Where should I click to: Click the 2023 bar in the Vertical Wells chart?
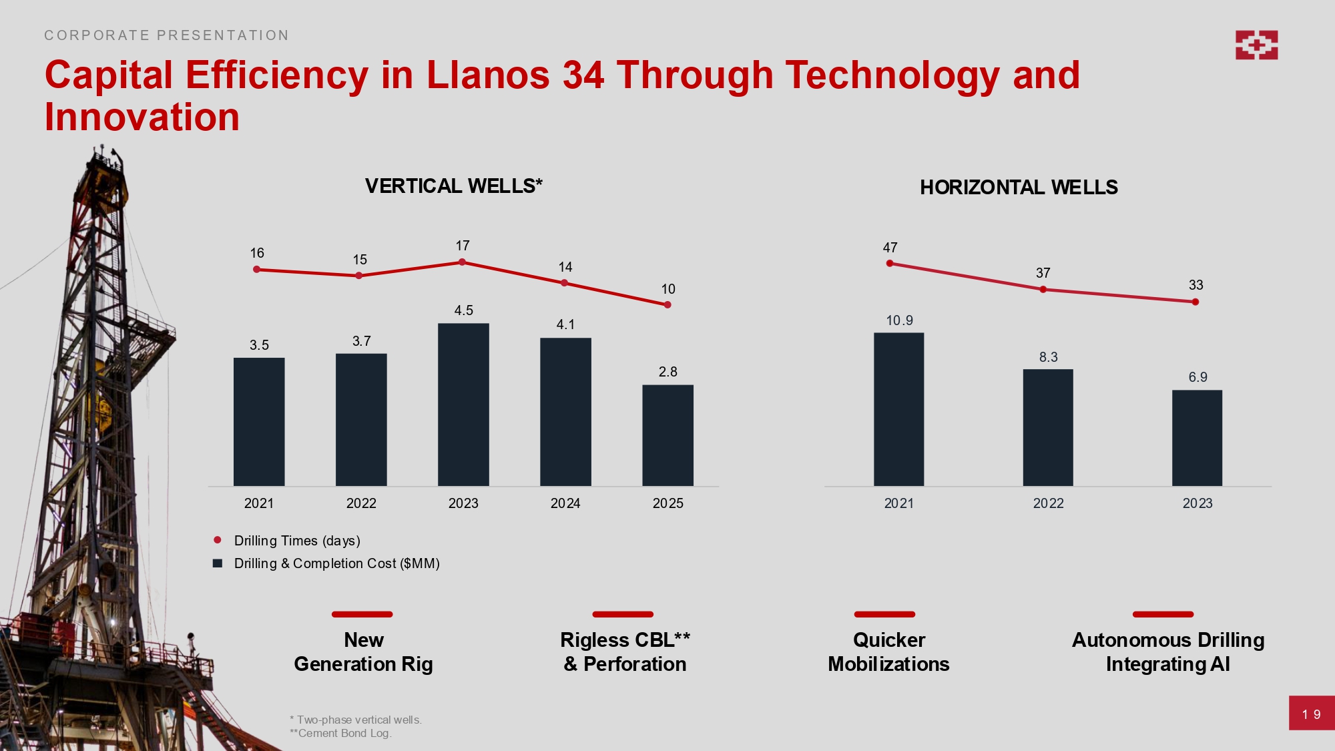point(463,405)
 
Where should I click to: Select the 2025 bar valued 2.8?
point(667,435)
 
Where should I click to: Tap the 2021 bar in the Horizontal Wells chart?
point(898,409)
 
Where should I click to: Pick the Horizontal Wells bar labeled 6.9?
point(1197,438)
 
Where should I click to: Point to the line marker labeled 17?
point(462,262)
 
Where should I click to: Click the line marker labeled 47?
point(890,264)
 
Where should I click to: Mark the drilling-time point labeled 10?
point(667,305)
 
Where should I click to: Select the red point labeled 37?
point(1043,290)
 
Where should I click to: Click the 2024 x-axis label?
point(565,503)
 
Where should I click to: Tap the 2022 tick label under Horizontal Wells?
point(1048,503)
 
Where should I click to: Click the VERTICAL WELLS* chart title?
point(454,186)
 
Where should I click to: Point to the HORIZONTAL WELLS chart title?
point(1019,188)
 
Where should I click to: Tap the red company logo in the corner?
point(1256,45)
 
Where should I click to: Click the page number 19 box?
point(1311,713)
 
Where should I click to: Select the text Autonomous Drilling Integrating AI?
point(1167,652)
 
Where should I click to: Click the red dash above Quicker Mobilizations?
point(884,614)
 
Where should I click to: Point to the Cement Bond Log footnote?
point(340,733)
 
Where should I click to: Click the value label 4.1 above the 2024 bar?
point(565,324)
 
